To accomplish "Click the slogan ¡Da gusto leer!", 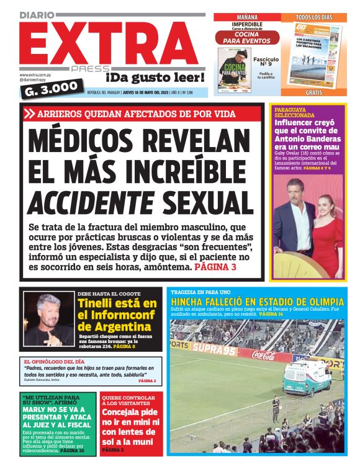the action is tap(155, 78).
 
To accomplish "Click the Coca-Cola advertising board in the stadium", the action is tap(264, 355).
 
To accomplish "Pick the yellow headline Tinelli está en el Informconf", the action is tap(117, 315).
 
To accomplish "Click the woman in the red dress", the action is tap(326, 230).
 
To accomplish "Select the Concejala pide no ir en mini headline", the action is tap(130, 428).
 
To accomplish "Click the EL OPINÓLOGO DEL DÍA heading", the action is tap(55, 362).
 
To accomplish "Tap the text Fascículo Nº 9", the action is tap(266, 63).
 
